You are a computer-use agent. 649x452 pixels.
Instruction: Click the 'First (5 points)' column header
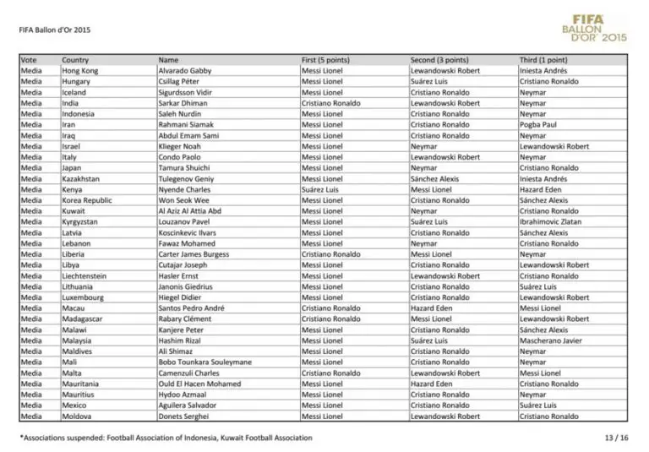click(325, 60)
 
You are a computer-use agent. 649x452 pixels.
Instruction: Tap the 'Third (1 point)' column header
click(543, 60)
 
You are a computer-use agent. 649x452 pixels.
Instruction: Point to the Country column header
click(75, 60)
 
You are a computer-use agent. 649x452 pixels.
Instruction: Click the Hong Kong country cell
click(79, 71)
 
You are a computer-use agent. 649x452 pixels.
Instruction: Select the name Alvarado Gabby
click(184, 71)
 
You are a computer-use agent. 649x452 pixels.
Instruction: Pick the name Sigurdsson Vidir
click(186, 92)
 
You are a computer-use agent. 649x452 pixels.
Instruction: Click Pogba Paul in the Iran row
click(538, 125)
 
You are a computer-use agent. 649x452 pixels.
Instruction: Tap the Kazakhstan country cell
click(80, 179)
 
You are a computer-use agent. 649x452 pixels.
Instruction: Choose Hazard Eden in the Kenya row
click(541, 190)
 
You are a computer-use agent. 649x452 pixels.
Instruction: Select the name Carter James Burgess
click(194, 254)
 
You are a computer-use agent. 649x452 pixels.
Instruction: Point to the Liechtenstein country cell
click(85, 276)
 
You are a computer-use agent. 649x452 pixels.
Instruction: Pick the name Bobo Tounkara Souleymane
click(205, 362)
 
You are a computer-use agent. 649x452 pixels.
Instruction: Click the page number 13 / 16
click(616, 438)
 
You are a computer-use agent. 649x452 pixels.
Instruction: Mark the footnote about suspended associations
click(166, 438)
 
